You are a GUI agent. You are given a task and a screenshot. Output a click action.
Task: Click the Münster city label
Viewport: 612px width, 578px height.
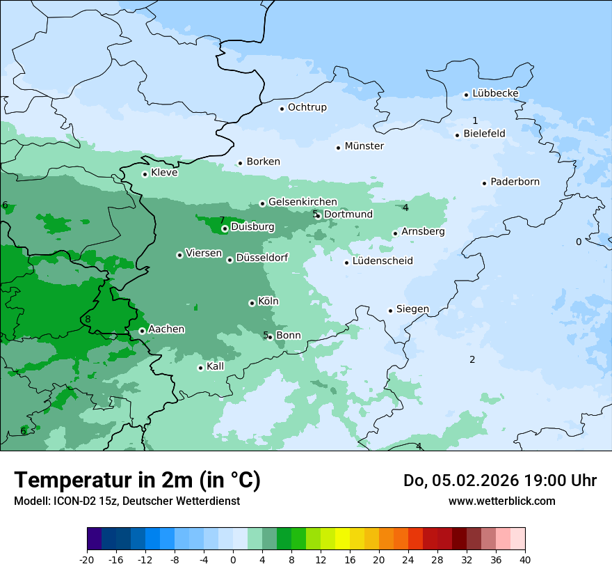coord(364,146)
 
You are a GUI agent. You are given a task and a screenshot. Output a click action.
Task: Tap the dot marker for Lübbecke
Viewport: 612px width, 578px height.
coord(467,95)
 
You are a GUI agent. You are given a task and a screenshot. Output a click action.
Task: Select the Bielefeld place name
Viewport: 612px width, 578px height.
coord(484,134)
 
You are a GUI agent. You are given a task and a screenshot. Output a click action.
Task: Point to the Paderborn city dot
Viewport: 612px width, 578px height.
coord(484,183)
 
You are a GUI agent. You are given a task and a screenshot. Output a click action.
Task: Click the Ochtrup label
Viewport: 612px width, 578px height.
coord(307,107)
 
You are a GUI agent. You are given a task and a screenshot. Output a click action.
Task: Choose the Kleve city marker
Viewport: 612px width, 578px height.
coord(145,174)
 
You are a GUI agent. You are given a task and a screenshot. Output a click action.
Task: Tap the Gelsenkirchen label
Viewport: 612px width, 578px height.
coord(303,202)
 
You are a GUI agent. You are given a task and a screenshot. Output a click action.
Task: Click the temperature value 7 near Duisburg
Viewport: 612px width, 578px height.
coord(222,221)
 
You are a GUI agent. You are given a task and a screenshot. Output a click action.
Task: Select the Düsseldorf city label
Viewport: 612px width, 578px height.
coord(261,258)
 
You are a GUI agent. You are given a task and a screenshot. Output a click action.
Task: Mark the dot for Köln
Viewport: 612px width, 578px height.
coord(252,303)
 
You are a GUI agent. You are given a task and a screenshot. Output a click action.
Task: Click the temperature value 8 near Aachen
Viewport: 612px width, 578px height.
coord(88,320)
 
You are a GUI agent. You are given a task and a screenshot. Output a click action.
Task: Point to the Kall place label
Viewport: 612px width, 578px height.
coord(215,366)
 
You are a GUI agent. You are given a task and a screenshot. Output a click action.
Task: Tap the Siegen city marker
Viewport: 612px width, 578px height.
coord(391,311)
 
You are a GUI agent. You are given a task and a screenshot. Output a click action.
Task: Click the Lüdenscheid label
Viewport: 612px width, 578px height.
coord(382,261)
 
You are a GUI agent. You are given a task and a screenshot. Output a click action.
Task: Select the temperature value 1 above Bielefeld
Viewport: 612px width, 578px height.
coord(475,120)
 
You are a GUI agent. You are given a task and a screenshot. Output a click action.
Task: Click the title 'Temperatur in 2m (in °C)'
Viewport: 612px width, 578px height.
coord(137,480)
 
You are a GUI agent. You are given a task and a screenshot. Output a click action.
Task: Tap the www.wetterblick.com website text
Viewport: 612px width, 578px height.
coord(501,501)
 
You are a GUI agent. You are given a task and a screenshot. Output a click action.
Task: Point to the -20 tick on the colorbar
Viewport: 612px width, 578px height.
coord(87,559)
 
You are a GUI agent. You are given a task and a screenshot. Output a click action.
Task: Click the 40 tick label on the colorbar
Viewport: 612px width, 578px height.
coord(524,559)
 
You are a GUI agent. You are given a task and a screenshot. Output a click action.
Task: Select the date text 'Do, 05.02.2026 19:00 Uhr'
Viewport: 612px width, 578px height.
coord(499,481)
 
